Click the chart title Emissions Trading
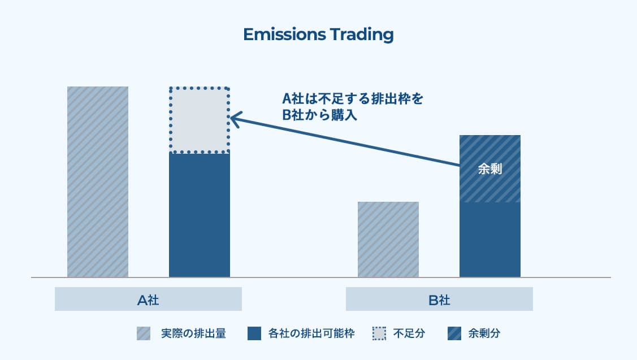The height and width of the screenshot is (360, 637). pyautogui.click(x=318, y=34)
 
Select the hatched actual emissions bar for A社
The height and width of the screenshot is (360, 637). pyautogui.click(x=98, y=181)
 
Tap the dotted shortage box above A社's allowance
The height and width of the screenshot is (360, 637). pyautogui.click(x=200, y=120)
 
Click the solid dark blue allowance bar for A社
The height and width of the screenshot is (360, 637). pyautogui.click(x=200, y=215)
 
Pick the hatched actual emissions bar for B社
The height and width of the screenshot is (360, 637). pyautogui.click(x=388, y=239)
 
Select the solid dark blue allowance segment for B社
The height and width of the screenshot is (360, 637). pyautogui.click(x=490, y=240)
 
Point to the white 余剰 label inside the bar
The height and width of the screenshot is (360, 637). pyautogui.click(x=490, y=169)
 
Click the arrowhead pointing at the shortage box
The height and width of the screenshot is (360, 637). pyautogui.click(x=234, y=118)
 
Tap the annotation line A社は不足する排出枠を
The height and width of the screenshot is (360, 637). pyautogui.click(x=352, y=99)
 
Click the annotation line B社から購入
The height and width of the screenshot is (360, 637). pyautogui.click(x=321, y=115)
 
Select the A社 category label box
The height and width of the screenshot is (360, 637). pyautogui.click(x=148, y=300)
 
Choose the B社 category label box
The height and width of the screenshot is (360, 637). pyautogui.click(x=439, y=300)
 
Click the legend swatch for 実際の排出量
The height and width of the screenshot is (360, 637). pyautogui.click(x=144, y=333)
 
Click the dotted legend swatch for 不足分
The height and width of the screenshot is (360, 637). pyautogui.click(x=379, y=333)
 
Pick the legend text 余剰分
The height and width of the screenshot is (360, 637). pyautogui.click(x=484, y=333)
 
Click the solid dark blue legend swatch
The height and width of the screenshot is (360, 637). pyautogui.click(x=254, y=333)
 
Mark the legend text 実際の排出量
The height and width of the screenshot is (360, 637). pyautogui.click(x=193, y=333)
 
